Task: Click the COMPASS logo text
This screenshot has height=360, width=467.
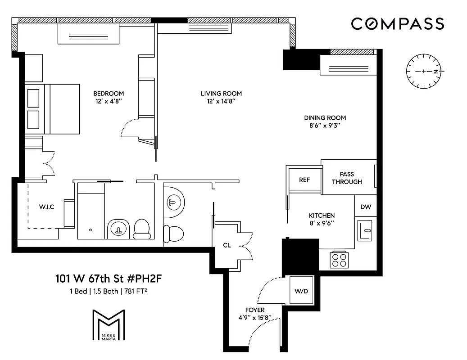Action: (398, 24)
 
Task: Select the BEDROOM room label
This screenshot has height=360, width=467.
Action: (108, 94)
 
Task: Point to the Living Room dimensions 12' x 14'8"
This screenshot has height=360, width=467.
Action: (221, 102)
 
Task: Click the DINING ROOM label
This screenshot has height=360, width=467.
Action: (325, 118)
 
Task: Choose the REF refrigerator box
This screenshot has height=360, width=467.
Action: (304, 180)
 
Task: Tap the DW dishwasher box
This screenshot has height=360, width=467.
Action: (366, 207)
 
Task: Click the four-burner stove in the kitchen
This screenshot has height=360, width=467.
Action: (339, 259)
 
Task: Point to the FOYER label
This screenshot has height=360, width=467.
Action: (255, 310)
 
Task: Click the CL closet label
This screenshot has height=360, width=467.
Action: (227, 246)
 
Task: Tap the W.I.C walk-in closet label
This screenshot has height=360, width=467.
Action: (46, 207)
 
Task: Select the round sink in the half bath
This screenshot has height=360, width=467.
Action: (174, 201)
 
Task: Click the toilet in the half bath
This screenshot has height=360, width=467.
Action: (173, 232)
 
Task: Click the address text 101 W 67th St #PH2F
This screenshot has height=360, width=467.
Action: (108, 279)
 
